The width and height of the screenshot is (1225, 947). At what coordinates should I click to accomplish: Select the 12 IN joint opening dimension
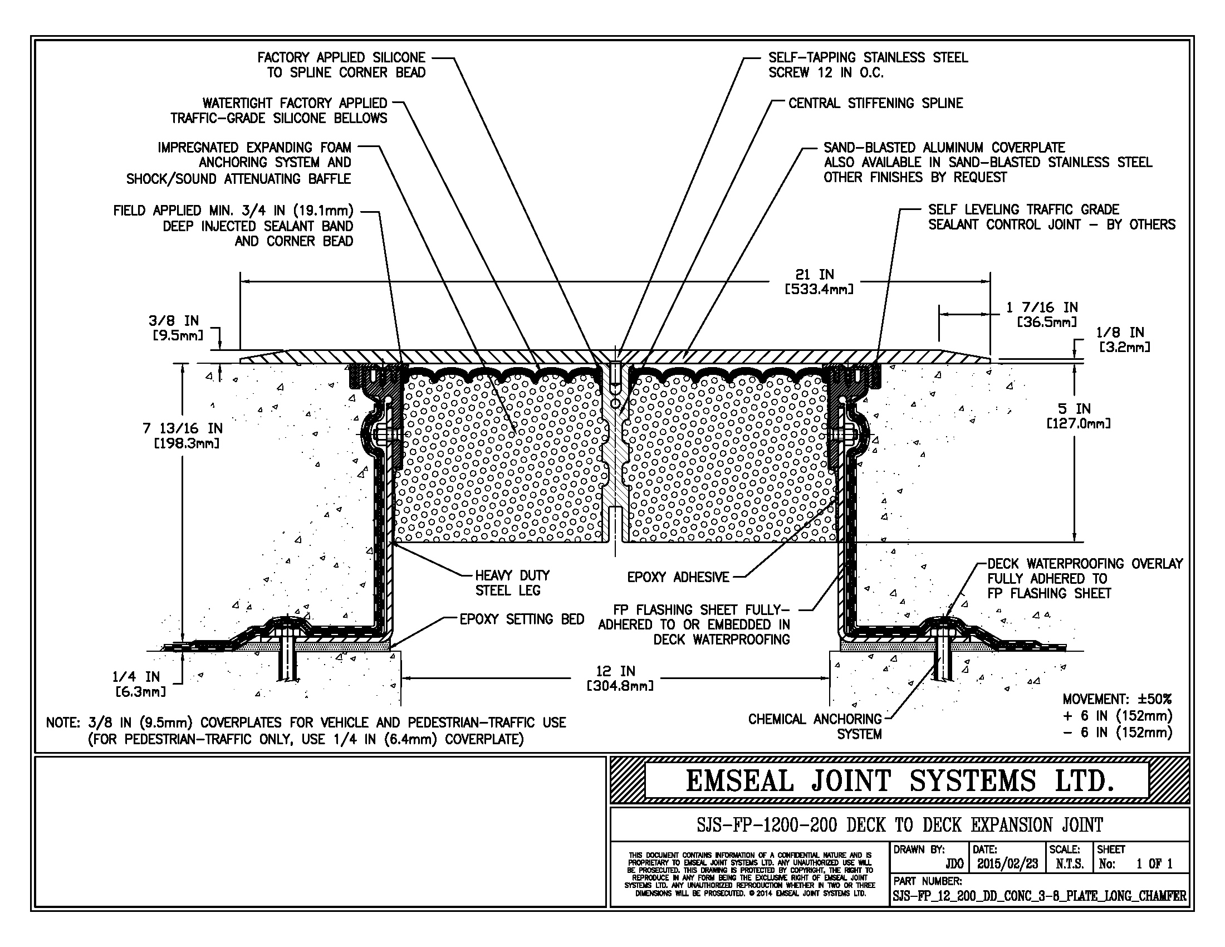619,678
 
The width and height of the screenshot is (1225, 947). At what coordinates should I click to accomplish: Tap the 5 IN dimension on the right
1078,415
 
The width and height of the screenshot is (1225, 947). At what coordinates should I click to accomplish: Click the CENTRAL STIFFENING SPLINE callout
875,103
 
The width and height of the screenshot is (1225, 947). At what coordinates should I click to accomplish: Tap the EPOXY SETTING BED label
522,619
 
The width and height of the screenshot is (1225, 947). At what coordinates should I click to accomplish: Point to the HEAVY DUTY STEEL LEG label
512,582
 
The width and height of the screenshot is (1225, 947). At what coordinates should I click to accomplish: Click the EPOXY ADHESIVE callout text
678,577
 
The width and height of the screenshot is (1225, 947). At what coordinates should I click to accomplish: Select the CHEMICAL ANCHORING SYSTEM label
815,726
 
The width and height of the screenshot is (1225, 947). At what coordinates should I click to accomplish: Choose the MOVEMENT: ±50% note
1117,699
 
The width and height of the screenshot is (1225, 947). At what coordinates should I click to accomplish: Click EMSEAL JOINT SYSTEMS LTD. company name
899,781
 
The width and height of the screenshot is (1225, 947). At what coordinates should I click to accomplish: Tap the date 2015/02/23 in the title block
1007,863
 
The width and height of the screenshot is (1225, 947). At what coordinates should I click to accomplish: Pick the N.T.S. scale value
1069,863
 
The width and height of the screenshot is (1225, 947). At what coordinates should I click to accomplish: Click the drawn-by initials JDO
954,863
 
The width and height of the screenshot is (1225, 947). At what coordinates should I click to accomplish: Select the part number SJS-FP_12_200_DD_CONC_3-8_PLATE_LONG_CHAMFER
1040,896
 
